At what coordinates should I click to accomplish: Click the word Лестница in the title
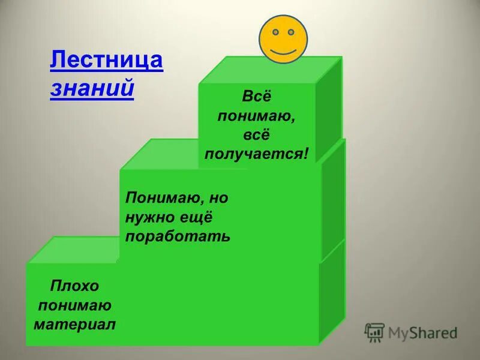[106, 62]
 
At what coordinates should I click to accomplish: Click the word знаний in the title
[92, 88]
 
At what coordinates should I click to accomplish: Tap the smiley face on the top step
[283, 38]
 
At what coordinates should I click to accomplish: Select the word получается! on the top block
[257, 154]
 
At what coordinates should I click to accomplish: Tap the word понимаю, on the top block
[257, 115]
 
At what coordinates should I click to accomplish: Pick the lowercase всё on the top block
[257, 134]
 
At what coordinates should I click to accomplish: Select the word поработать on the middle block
[178, 235]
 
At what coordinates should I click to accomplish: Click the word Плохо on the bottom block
[74, 286]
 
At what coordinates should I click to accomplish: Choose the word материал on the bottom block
[74, 325]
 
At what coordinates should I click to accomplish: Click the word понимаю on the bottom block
[74, 305]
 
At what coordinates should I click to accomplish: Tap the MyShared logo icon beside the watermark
[374, 332]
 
